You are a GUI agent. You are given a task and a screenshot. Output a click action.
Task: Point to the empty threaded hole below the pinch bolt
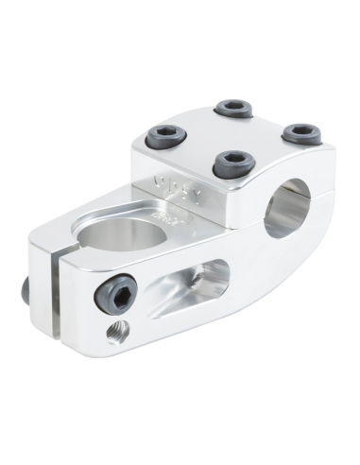click(116, 330)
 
